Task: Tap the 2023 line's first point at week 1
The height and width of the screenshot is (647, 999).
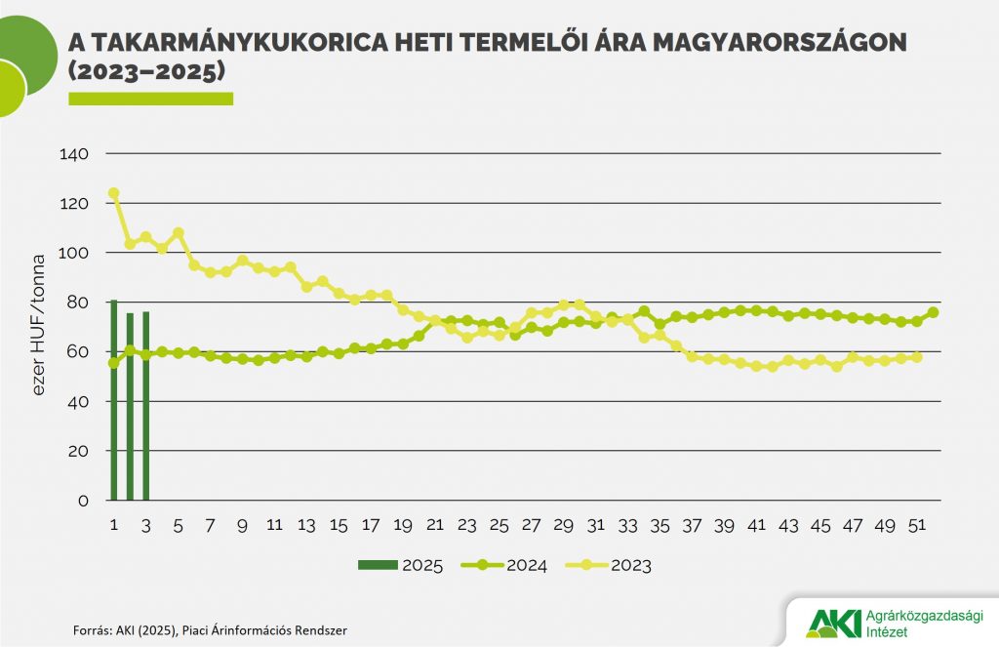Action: point(114,193)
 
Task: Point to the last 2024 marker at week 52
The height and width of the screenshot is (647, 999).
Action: point(934,312)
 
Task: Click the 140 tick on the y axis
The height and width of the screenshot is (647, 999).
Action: point(74,154)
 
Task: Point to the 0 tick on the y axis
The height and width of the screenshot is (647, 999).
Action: point(83,501)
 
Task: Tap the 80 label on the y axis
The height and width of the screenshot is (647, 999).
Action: point(78,303)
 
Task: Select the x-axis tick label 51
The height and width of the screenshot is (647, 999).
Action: point(917,525)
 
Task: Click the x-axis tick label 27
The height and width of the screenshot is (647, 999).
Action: point(531,525)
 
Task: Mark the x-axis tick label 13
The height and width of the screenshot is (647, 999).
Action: point(306,525)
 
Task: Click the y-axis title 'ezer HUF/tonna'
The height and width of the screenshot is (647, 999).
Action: point(40,327)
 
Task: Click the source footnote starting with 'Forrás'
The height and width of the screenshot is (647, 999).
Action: point(210,630)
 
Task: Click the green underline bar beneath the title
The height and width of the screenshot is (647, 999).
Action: point(150,99)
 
